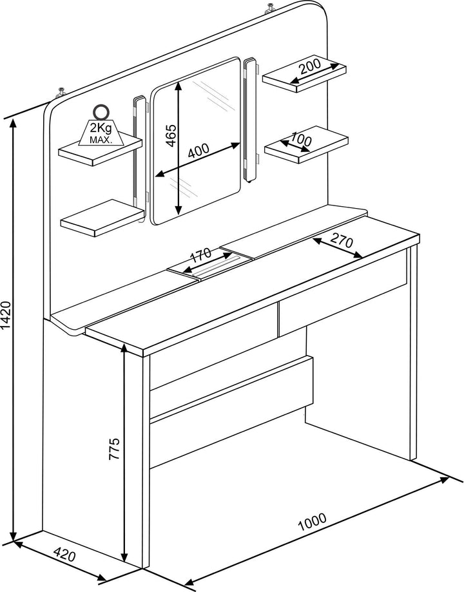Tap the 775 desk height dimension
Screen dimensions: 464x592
(x=114, y=448)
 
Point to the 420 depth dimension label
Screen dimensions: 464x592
(x=64, y=555)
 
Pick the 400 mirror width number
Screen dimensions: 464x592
(x=198, y=150)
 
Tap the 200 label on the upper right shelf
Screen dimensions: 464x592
(x=310, y=67)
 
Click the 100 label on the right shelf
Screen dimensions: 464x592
(x=301, y=139)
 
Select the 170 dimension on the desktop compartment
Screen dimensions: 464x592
(x=200, y=256)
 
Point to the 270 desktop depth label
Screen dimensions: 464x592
(x=342, y=240)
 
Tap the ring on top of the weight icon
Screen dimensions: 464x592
(x=101, y=111)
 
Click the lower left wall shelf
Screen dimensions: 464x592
(x=102, y=218)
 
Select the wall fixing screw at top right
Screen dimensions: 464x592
(x=271, y=8)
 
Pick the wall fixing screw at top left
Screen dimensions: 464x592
(x=61, y=92)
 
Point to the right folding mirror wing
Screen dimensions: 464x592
(x=251, y=120)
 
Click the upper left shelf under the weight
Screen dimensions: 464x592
(x=101, y=149)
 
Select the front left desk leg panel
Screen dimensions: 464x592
(x=146, y=461)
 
